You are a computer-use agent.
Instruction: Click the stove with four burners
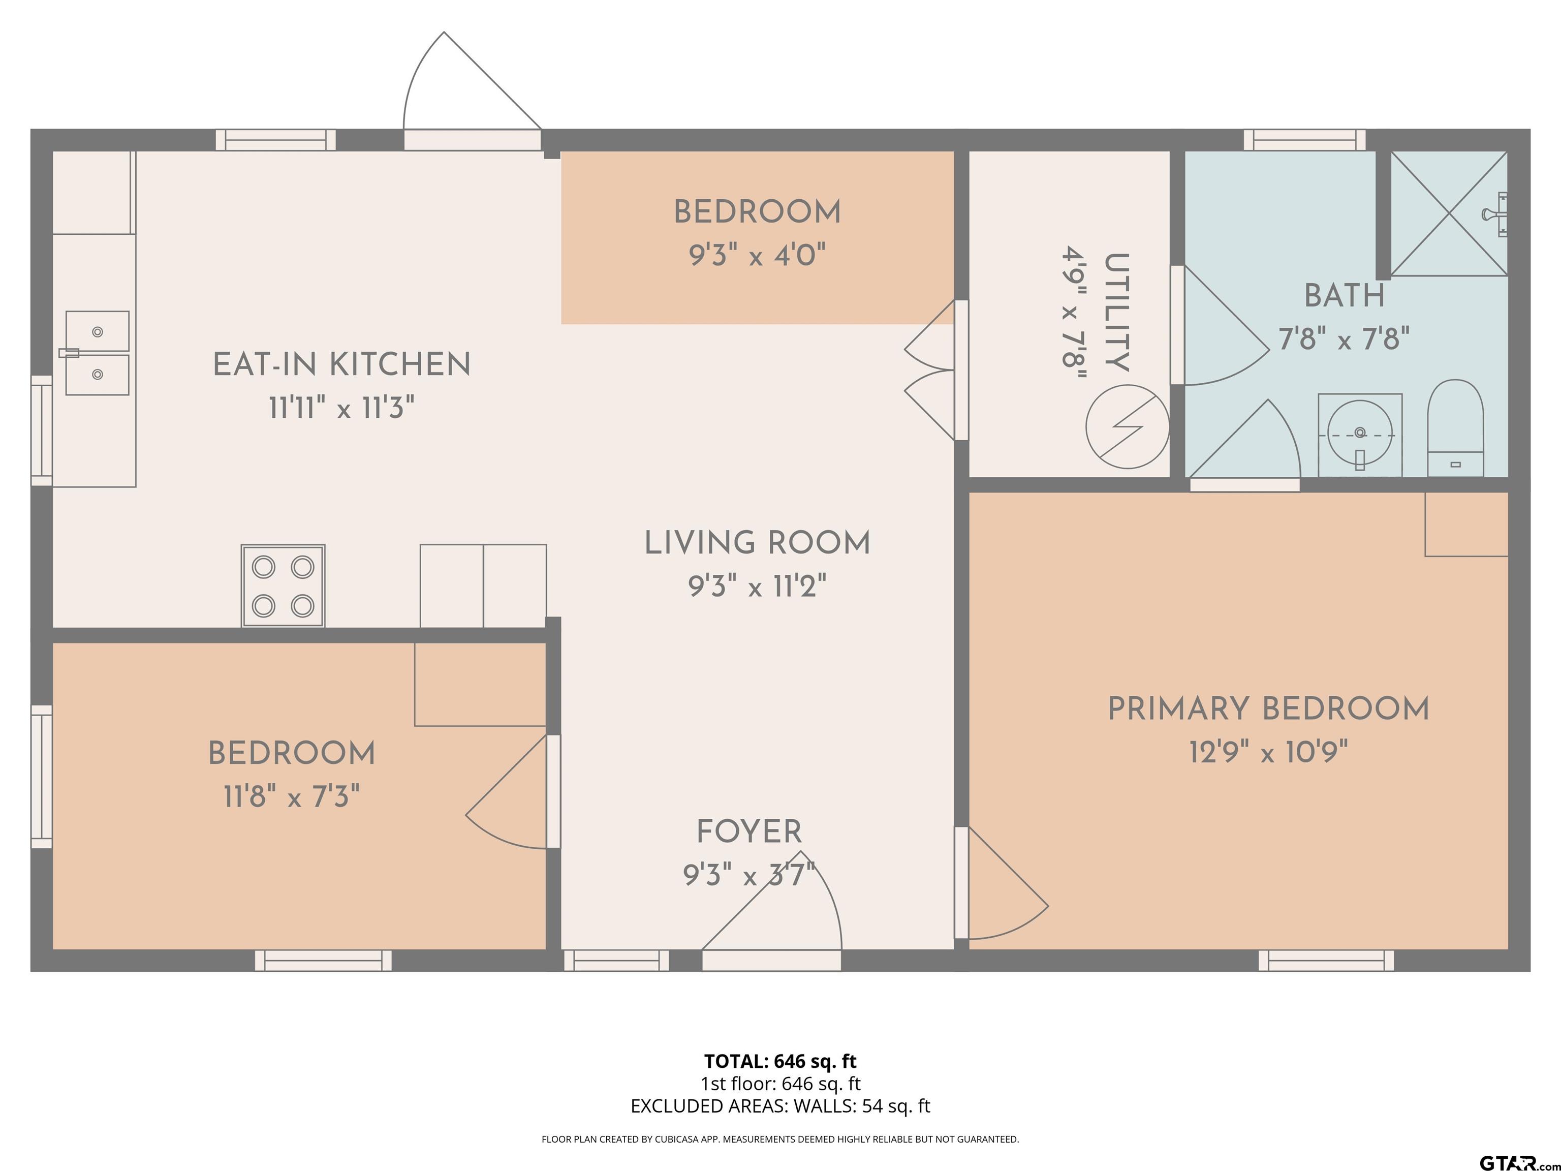283,586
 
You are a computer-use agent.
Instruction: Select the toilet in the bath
1455,428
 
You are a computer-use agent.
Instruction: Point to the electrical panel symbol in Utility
1127,426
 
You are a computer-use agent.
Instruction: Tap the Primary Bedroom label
1268,708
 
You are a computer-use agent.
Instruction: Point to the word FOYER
750,831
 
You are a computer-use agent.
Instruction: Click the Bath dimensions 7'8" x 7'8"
1345,340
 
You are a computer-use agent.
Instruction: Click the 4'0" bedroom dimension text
800,255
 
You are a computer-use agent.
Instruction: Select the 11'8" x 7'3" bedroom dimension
292,797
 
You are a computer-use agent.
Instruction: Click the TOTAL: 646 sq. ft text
780,1061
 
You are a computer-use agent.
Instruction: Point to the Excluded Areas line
780,1106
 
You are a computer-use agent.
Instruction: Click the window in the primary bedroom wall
1326,961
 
